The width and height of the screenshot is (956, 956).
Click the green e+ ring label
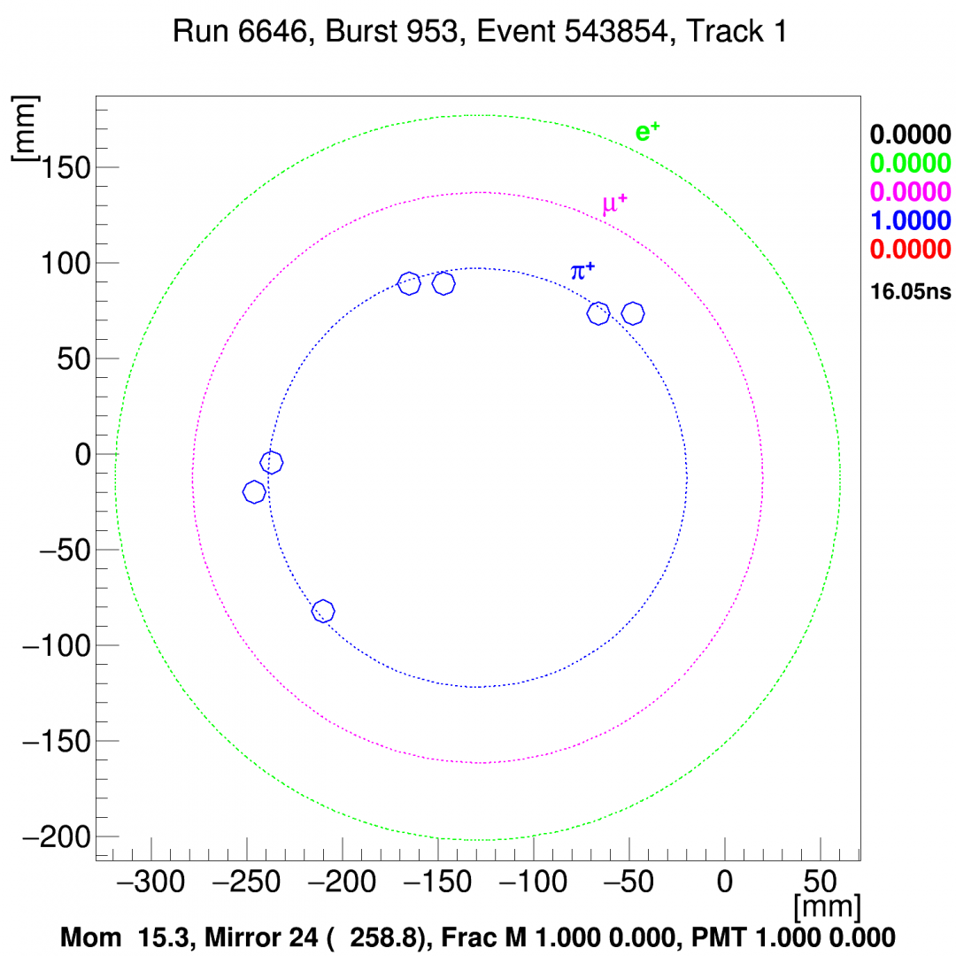[648, 133]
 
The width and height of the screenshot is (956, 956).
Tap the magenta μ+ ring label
[614, 205]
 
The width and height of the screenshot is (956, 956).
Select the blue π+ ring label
[582, 271]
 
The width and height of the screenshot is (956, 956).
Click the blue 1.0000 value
[911, 220]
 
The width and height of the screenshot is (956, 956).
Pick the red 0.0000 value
[911, 250]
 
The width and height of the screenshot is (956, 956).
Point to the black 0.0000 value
[911, 135]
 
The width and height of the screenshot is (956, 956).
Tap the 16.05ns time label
[911, 291]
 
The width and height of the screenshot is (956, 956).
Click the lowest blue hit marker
[323, 611]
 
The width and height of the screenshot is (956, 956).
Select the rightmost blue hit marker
[633, 313]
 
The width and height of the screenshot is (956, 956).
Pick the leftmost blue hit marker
[254, 492]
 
